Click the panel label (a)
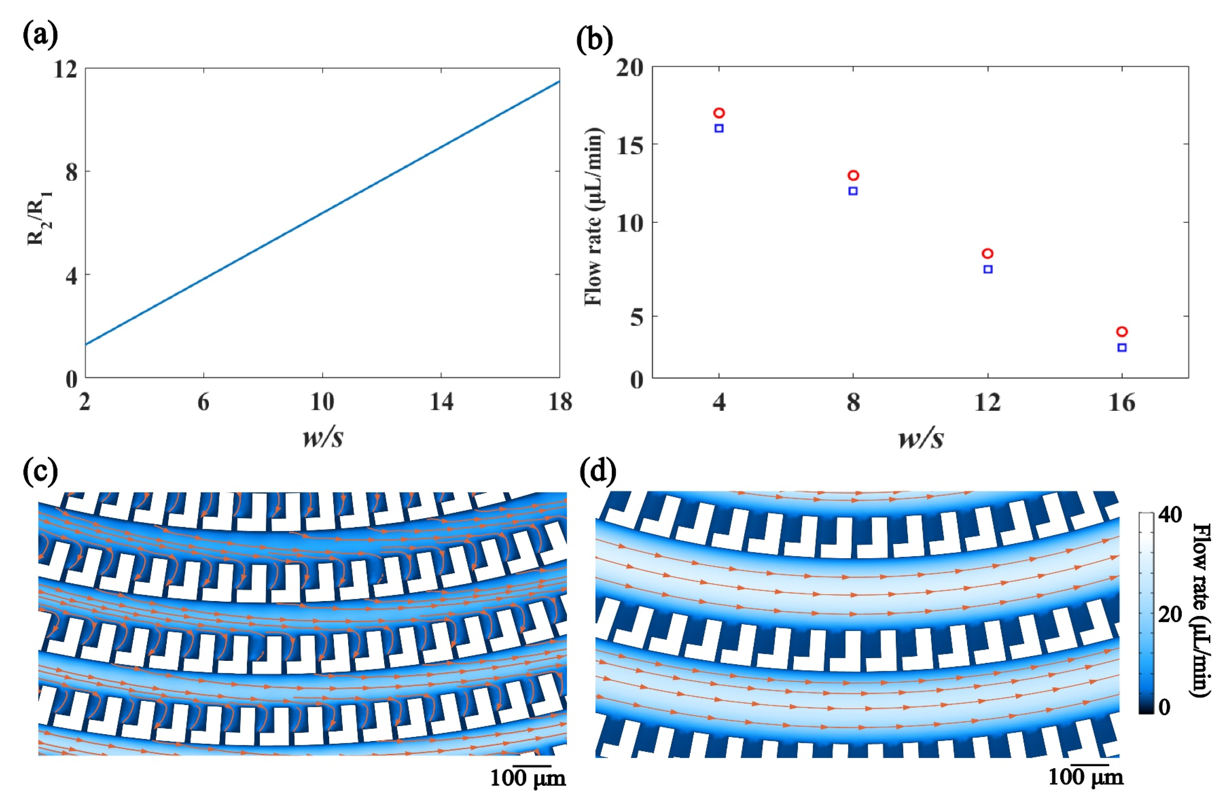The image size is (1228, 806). tap(40, 36)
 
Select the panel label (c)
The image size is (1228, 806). tap(40, 472)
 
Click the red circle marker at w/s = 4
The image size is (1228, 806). tap(719, 113)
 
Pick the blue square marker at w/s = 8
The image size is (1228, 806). tap(853, 191)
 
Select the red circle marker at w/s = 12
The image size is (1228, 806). tap(988, 253)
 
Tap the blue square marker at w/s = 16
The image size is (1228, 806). tap(1122, 348)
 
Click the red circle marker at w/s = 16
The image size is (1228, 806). tap(1122, 332)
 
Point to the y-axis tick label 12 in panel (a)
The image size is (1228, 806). tap(65, 69)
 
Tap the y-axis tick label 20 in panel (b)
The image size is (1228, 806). tap(630, 68)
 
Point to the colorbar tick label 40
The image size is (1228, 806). tap(1169, 515)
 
